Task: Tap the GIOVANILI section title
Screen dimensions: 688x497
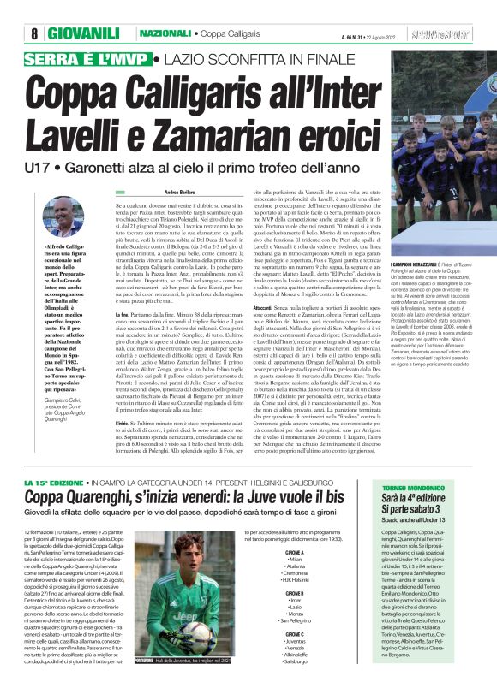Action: point(83,33)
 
